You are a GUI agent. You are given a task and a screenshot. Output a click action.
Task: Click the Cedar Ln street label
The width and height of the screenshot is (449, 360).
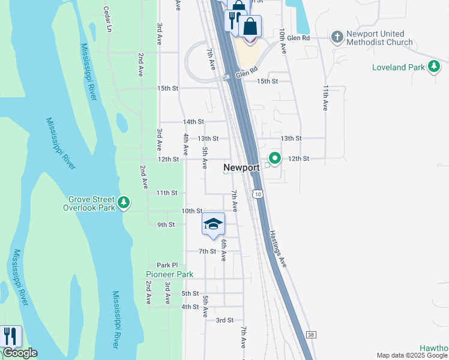click(108, 19)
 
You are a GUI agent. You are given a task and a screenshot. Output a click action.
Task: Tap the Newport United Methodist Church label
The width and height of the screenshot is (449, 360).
click(375, 38)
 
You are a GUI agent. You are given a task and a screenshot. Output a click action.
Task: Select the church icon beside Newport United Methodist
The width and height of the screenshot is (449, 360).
click(337, 37)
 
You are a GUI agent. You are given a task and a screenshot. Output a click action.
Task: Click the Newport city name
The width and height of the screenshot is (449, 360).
click(241, 167)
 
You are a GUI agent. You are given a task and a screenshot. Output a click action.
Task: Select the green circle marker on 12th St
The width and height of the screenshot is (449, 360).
click(275, 158)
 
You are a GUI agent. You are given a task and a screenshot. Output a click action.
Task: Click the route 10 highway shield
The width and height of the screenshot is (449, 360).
click(258, 194)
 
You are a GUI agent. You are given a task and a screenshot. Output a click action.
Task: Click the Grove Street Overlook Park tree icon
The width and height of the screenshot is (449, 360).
click(124, 202)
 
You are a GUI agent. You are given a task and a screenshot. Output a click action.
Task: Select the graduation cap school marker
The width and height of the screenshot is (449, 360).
click(213, 224)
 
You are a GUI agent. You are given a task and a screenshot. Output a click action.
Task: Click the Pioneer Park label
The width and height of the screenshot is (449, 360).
click(170, 274)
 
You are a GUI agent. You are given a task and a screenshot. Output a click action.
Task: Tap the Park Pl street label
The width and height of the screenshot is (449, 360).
click(167, 265)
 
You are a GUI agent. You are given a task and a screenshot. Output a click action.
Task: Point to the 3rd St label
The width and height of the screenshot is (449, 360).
click(224, 320)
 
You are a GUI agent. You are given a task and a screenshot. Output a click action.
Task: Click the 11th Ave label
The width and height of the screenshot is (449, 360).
click(325, 97)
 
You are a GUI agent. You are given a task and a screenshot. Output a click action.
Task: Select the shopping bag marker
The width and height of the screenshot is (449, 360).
click(250, 27)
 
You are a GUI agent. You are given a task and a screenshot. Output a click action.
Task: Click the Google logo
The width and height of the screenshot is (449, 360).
click(20, 353)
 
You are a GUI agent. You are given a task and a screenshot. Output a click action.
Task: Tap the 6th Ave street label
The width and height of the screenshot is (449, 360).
click(223, 250)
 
